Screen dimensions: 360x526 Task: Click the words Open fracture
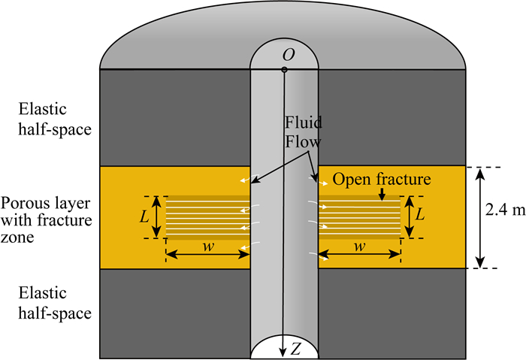click(382, 180)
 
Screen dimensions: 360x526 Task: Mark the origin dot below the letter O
click(285, 71)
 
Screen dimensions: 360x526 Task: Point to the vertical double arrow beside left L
click(157, 216)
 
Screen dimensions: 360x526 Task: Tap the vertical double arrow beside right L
click(409, 216)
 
